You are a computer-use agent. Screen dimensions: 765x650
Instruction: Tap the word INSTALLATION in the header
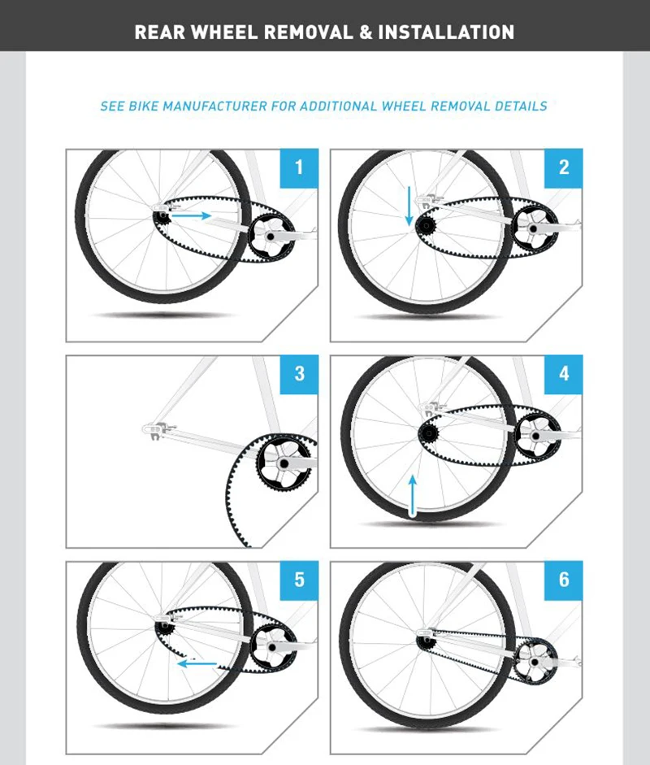pos(446,33)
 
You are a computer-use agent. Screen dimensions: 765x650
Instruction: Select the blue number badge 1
pos(299,168)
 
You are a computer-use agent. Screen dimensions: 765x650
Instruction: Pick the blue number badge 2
pos(564,168)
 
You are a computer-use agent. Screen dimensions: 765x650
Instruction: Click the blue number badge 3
pos(299,374)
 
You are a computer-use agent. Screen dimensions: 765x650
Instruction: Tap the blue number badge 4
pos(564,374)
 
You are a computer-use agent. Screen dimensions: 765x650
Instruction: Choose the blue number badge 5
pos(299,580)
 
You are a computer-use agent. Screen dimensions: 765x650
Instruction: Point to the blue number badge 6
pos(564,580)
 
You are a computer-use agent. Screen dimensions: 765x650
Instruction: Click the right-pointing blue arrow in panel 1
pos(193,216)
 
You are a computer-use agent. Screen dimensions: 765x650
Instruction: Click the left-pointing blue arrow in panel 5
pos(197,663)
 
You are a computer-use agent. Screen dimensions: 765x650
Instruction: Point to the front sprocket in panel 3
pos(283,464)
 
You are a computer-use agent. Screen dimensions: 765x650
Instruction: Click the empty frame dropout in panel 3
pos(156,427)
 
